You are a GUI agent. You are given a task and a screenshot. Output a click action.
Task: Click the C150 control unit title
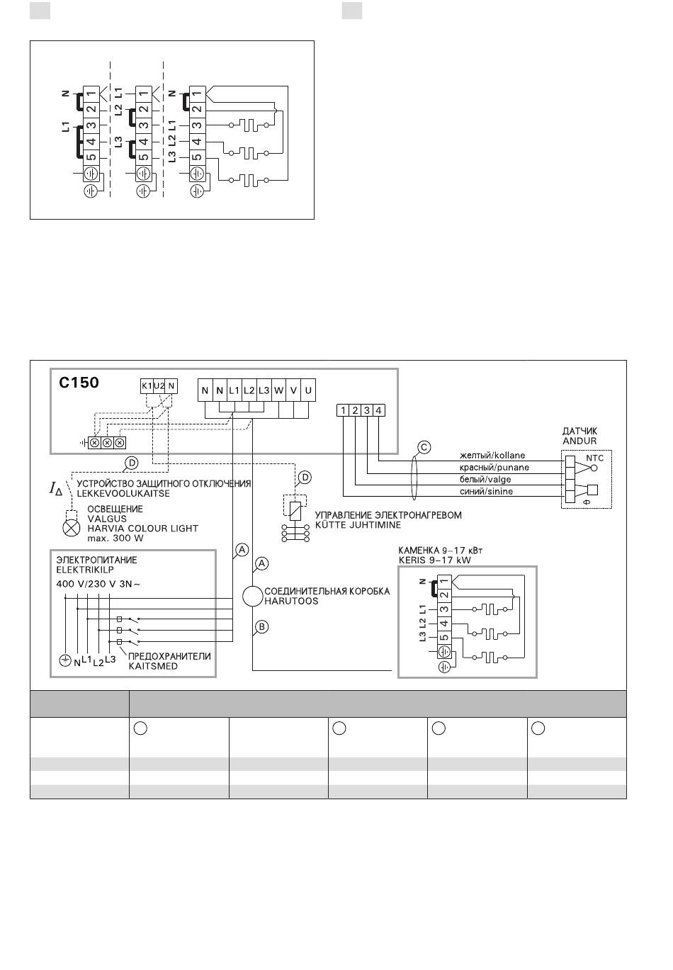79,383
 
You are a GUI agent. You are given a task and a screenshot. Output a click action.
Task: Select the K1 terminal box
147,386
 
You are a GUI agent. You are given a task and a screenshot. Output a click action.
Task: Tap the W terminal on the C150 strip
278,390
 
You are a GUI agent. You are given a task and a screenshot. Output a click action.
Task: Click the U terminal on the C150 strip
308,390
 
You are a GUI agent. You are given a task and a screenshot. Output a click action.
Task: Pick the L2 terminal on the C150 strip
249,390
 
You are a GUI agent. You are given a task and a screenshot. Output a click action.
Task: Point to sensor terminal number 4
378,410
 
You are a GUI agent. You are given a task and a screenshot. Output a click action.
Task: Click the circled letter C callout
424,447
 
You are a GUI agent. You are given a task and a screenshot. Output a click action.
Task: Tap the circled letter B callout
261,626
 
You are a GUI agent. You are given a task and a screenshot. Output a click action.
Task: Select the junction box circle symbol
252,597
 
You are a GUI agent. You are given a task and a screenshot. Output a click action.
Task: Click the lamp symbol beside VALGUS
72,527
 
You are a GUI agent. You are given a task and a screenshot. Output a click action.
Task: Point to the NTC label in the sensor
594,458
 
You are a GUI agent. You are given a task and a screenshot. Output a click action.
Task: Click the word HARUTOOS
291,601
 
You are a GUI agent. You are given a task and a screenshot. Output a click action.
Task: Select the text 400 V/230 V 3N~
98,584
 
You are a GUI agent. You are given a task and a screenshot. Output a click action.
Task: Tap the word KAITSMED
153,666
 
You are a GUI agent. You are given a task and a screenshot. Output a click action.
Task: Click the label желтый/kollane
492,455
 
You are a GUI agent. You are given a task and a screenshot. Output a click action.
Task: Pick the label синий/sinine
486,492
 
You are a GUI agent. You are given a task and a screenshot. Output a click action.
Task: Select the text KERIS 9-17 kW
434,560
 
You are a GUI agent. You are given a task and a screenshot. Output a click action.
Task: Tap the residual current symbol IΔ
56,489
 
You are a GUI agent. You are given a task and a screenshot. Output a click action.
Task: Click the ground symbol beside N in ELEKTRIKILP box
65,661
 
